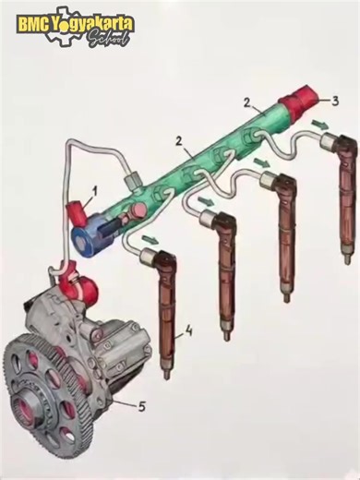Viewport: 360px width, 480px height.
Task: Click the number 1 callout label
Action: (x=93, y=192)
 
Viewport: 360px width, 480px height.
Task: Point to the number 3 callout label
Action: (x=336, y=101)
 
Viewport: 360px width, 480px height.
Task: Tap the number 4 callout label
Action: (x=187, y=330)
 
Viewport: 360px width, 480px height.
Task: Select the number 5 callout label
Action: (x=141, y=403)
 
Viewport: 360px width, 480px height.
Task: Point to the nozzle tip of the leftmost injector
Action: (x=166, y=374)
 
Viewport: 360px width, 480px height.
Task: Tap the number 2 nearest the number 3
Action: (x=246, y=102)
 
